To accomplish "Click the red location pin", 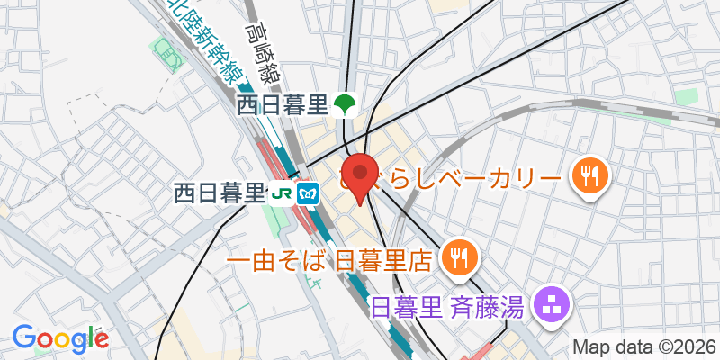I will click(x=361, y=176).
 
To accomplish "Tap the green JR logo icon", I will click(x=282, y=193).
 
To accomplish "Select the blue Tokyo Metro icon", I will click(x=309, y=193).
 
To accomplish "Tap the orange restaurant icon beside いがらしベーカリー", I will click(x=590, y=175).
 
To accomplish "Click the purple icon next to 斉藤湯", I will click(x=548, y=307).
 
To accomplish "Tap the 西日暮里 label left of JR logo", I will click(x=220, y=193).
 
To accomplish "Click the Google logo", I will click(x=60, y=338).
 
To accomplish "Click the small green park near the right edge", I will click(x=688, y=96).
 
